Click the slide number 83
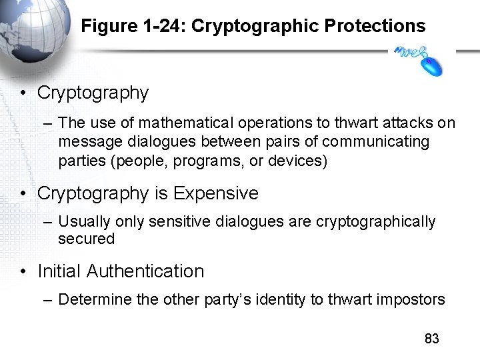coord(432,339)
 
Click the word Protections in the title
coord(375,26)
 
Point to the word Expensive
coord(215,193)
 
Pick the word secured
coord(87,239)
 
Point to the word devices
coord(296,161)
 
